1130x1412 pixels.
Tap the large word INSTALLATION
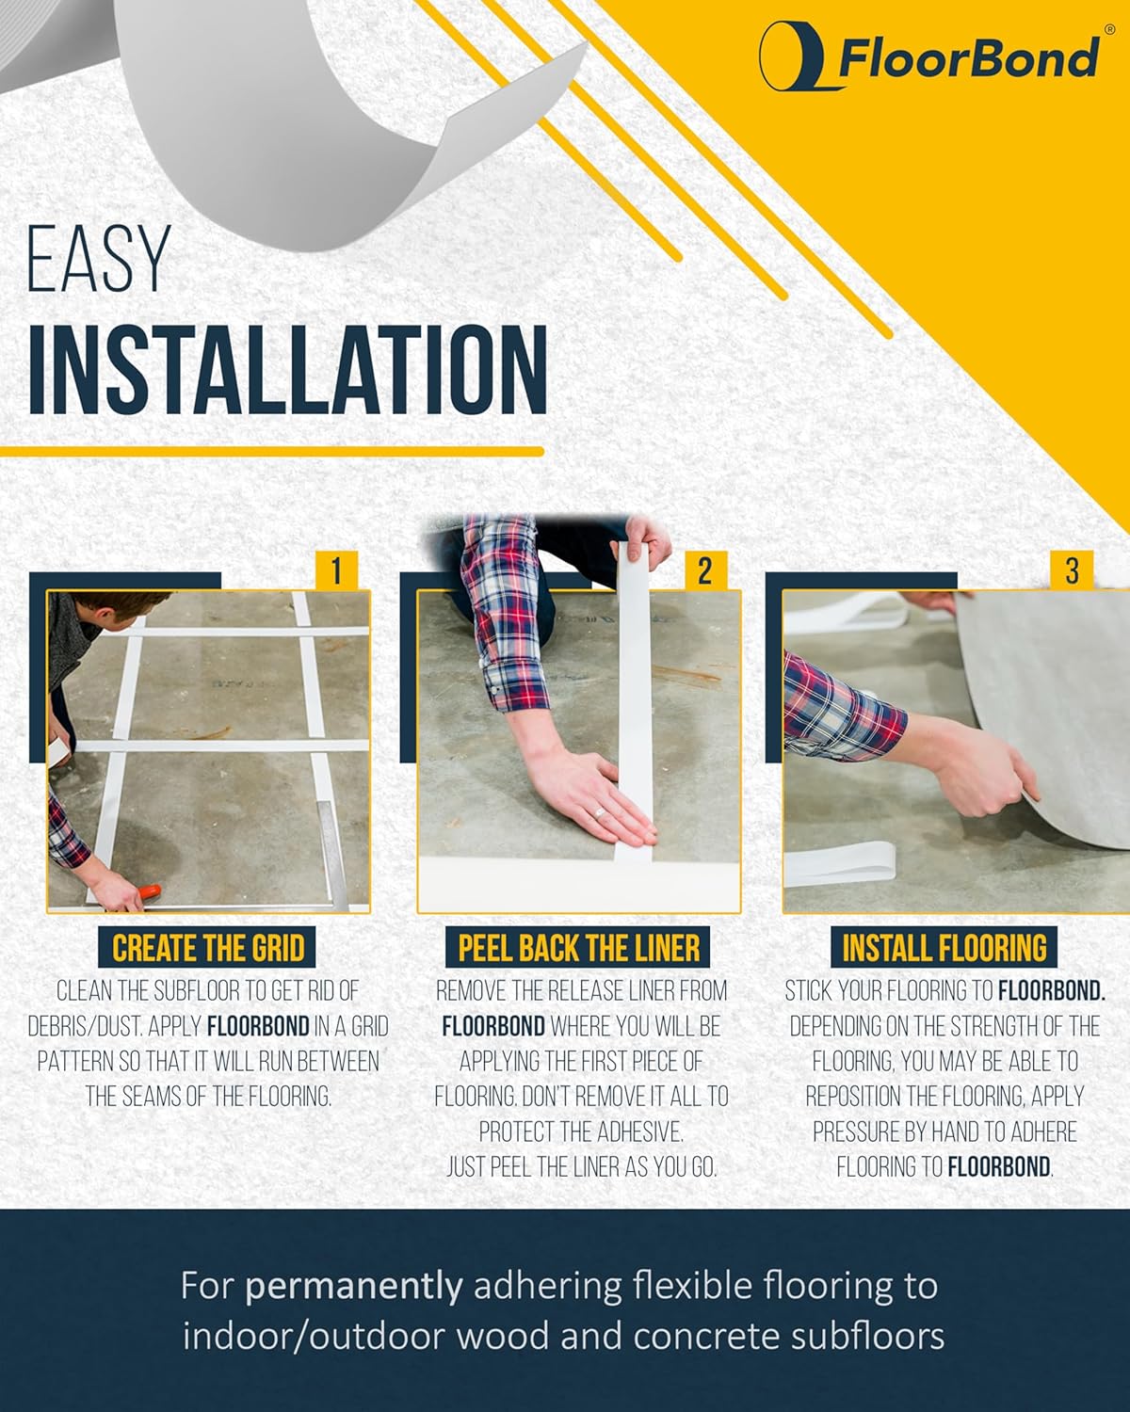[287, 370]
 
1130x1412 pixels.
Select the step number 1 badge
[336, 570]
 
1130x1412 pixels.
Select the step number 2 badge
[704, 570]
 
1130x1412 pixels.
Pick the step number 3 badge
[1072, 570]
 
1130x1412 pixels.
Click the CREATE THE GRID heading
[208, 948]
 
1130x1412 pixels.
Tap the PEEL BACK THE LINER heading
[578, 948]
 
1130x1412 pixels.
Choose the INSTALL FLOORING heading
[944, 948]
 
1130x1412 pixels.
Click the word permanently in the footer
[354, 1286]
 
